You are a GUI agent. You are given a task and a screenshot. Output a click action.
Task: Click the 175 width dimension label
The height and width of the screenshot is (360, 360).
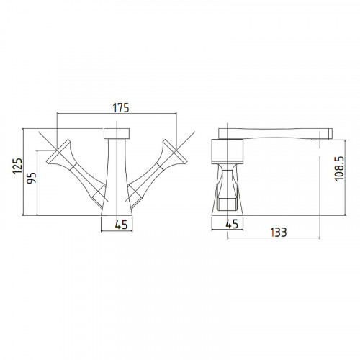pyautogui.click(x=121, y=108)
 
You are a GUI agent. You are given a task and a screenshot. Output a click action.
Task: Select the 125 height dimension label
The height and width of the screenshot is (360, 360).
pyautogui.click(x=17, y=166)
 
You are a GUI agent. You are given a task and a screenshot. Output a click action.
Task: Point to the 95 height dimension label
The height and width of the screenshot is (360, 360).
pyautogui.click(x=31, y=178)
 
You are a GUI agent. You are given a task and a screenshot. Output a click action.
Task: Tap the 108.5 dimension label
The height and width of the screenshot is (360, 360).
pyautogui.click(x=339, y=168)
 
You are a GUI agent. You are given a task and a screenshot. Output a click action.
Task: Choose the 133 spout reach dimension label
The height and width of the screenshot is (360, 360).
pyautogui.click(x=279, y=233)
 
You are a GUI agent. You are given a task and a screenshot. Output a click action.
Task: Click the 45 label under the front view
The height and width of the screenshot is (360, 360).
pyautogui.click(x=121, y=225)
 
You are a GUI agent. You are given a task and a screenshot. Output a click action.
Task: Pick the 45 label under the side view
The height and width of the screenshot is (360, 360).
pyautogui.click(x=232, y=224)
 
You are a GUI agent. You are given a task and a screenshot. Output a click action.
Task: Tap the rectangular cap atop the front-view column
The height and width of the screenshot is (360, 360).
pyautogui.click(x=117, y=133)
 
